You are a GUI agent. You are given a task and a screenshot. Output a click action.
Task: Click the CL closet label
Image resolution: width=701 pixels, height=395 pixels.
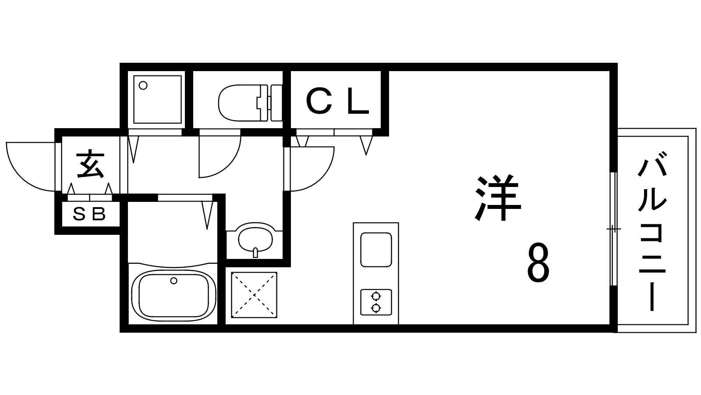pyautogui.click(x=338, y=101)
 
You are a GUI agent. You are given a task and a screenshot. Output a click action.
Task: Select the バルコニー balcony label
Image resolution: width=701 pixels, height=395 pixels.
pyautogui.click(x=652, y=231)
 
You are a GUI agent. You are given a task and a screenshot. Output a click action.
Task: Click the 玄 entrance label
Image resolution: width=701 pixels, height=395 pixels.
pyautogui.click(x=90, y=164)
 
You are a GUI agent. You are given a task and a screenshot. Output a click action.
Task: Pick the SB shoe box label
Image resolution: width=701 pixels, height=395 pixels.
pyautogui.click(x=89, y=214)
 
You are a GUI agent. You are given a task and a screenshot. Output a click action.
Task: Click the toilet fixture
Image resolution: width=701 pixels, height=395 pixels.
pyautogui.click(x=250, y=103)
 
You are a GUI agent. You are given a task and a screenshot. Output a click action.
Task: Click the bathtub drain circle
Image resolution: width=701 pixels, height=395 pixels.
pyautogui.click(x=173, y=280)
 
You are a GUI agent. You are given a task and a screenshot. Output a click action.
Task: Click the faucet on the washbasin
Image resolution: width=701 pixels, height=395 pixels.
pyautogui.click(x=255, y=252)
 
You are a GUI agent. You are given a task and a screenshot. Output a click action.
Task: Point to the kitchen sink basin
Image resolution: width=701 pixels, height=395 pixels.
pyautogui.click(x=376, y=250)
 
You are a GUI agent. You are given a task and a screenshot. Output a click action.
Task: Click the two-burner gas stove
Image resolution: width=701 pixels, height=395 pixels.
pyautogui.click(x=376, y=302)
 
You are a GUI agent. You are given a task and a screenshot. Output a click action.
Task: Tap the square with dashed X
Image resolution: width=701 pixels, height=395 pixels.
pyautogui.click(x=254, y=295)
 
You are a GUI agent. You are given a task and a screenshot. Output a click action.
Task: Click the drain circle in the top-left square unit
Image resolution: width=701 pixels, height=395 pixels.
pyautogui.click(x=143, y=85)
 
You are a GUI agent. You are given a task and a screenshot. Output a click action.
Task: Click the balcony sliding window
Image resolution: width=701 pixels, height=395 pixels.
pyautogui.click(x=614, y=229)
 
